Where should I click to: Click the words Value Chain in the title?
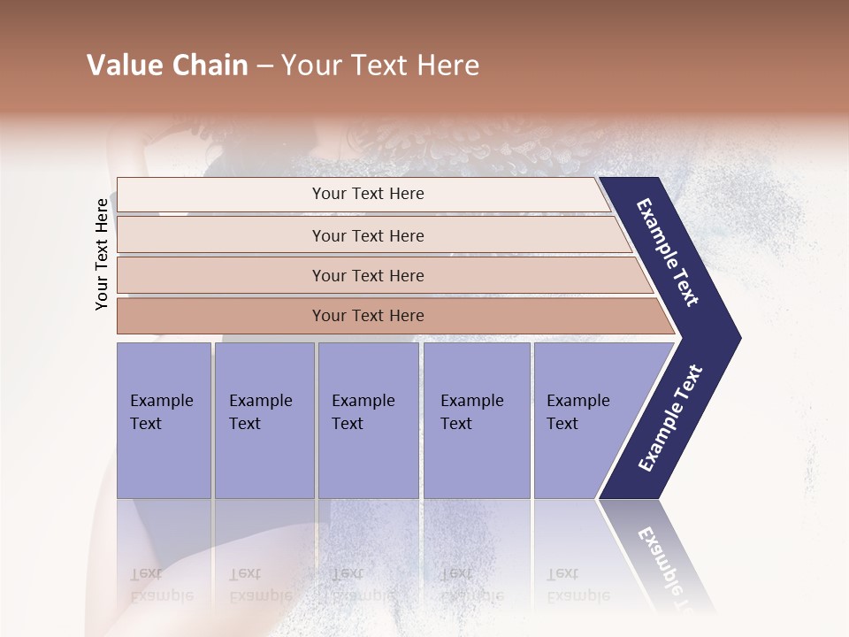pos(167,65)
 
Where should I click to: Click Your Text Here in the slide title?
pos(380,65)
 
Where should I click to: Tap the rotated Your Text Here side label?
pos(102,254)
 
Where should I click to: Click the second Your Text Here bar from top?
pos(367,235)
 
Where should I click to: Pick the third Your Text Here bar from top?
pos(367,275)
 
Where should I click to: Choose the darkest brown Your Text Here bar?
pos(367,316)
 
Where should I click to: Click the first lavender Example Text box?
pos(164,420)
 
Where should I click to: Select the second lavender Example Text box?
pos(264,420)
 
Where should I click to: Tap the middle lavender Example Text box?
pos(368,420)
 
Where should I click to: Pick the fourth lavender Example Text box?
pos(477,420)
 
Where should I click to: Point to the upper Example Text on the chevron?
pos(669,252)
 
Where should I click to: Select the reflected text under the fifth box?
pos(577,584)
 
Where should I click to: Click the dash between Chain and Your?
pos(264,65)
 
